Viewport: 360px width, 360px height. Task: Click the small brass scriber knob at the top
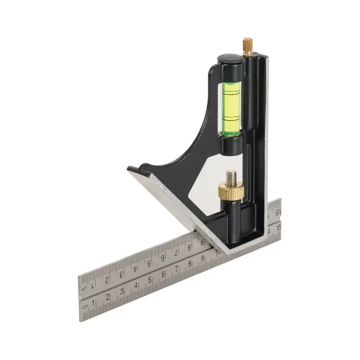247,46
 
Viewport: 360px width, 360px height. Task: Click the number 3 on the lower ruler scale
121,291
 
